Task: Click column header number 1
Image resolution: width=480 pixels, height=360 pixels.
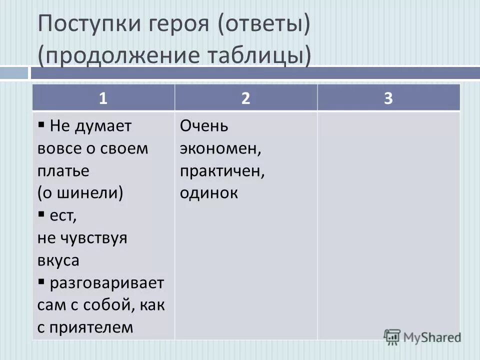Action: tap(103, 98)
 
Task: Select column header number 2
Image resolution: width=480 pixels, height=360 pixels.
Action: tap(245, 98)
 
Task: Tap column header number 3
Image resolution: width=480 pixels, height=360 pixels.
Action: tap(388, 98)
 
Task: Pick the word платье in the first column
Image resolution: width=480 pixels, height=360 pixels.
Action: tap(63, 171)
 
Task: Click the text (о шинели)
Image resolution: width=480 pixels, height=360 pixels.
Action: tap(80, 193)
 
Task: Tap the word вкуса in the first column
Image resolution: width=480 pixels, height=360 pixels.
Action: tap(58, 260)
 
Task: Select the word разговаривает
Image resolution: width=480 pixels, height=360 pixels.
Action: tap(107, 283)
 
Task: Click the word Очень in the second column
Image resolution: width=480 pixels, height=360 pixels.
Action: tap(204, 126)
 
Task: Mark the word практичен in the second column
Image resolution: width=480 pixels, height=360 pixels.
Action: tap(222, 171)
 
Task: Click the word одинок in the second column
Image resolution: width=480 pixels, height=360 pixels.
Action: tap(209, 193)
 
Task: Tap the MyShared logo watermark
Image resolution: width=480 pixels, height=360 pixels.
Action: tap(422, 336)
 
